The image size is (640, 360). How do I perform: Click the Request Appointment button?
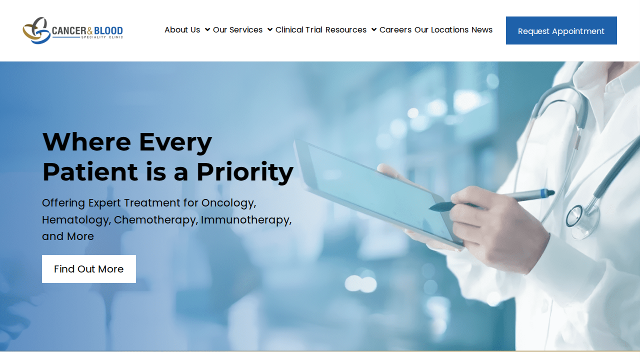pos(561,30)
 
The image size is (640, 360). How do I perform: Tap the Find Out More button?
pos(89,269)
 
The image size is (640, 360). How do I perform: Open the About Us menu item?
pos(182,29)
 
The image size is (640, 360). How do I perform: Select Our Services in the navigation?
pos(237,29)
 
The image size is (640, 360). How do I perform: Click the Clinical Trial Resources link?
pos(321,29)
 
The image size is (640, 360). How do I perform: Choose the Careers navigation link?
pos(395,29)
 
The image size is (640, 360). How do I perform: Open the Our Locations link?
pos(441,29)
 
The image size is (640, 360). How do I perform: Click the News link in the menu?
pos(482,29)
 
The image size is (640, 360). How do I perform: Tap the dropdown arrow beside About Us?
pos(207,29)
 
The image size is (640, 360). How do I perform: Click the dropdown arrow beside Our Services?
pos(269,29)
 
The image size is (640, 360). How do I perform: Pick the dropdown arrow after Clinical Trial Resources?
pos(373,29)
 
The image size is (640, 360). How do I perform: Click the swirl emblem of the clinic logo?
pos(36,30)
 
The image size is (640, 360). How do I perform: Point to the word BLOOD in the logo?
pos(108,30)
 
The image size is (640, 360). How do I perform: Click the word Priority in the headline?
pos(245,172)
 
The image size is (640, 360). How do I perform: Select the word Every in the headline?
pos(175,142)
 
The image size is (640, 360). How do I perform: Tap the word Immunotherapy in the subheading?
pos(246,220)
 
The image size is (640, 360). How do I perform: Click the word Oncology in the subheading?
pos(228,203)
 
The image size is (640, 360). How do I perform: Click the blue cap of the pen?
pos(547,193)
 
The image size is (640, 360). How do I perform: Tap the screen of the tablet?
pos(377,191)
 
